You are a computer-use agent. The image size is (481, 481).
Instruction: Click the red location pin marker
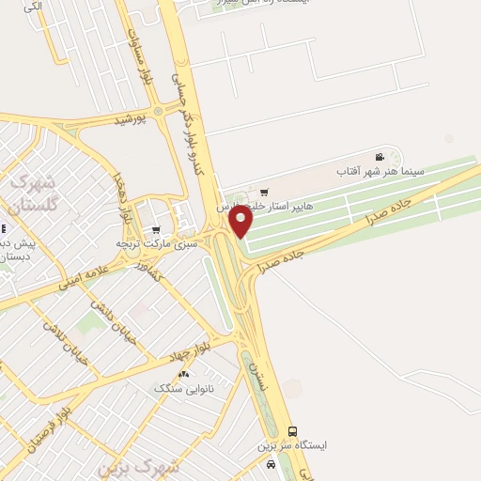[241, 222]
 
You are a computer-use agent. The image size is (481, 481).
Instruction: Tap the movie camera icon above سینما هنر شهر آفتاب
[380, 157]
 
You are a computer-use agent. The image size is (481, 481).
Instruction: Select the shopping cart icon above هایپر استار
[264, 192]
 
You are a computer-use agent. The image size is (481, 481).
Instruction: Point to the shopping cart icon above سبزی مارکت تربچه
[156, 229]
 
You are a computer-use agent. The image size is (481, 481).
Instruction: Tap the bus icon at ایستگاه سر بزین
[292, 431]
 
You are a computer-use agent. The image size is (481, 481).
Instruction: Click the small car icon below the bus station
[272, 464]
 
